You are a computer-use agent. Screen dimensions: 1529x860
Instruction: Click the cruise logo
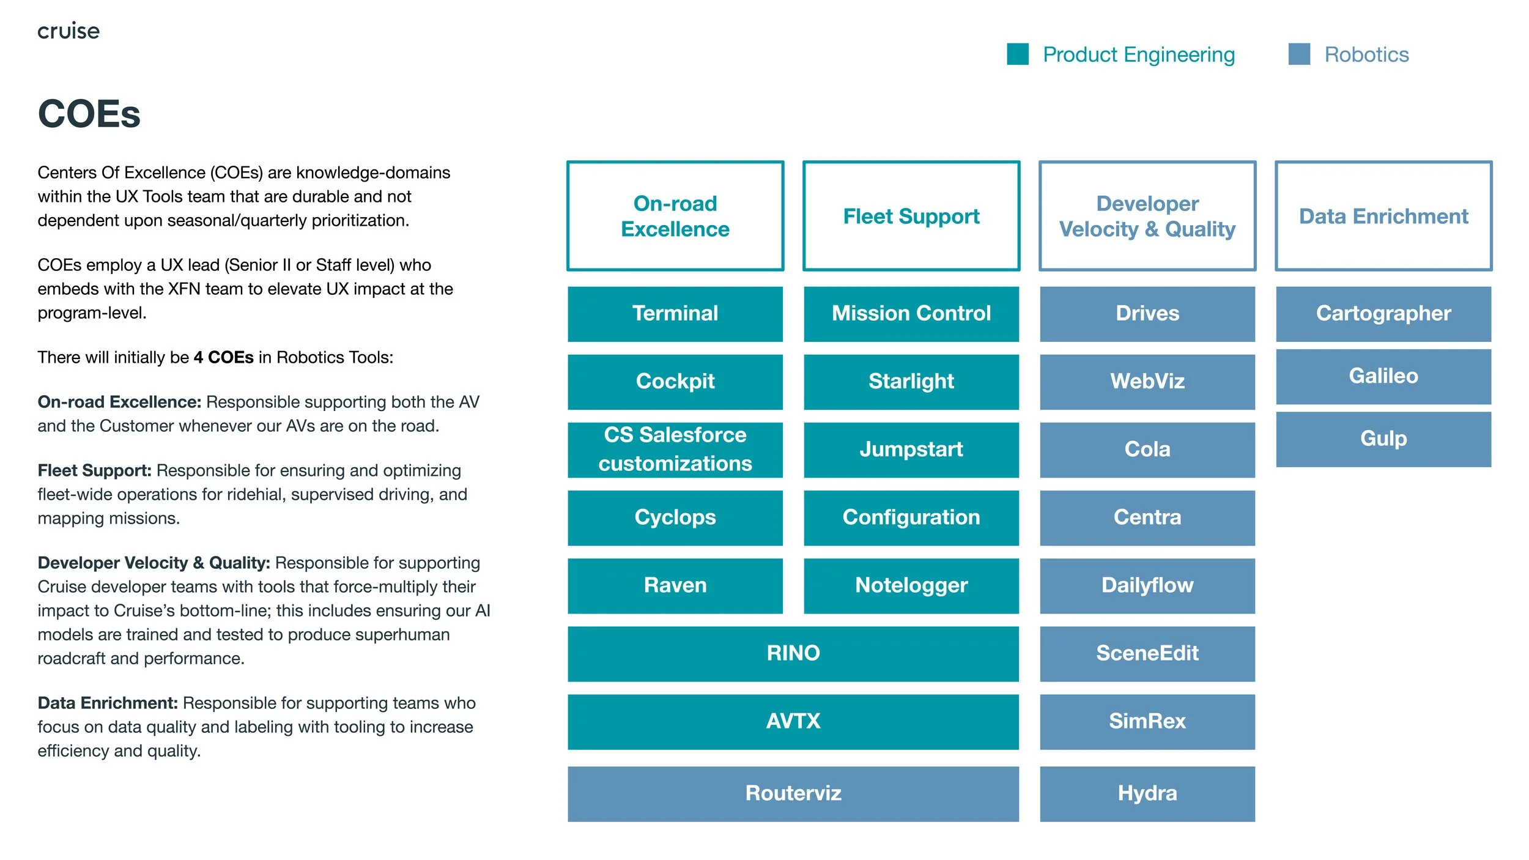click(68, 31)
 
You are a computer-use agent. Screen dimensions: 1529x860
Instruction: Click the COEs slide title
click(89, 114)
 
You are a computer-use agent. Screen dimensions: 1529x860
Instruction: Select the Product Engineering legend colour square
click(1018, 54)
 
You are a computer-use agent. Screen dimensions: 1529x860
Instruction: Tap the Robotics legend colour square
click(1299, 54)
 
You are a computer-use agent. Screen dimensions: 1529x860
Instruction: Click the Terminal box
click(675, 314)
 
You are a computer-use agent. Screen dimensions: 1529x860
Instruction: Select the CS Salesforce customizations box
click(675, 450)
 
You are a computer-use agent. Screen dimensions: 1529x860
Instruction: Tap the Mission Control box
click(911, 314)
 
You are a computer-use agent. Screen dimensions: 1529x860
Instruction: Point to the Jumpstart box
click(911, 450)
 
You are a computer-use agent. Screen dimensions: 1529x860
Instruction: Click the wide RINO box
click(793, 653)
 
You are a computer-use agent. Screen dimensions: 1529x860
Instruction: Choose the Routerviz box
click(793, 793)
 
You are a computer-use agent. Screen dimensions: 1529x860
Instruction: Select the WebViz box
click(1147, 382)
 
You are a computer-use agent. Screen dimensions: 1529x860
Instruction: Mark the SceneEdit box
click(1147, 653)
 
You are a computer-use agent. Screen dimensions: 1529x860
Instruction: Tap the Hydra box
click(1147, 793)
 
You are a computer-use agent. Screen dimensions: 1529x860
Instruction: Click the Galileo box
click(1383, 376)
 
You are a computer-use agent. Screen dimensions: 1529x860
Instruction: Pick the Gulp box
click(1383, 439)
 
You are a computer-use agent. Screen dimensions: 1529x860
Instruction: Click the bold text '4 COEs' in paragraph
click(223, 357)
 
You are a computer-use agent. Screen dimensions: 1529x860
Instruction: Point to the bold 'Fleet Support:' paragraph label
click(94, 470)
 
